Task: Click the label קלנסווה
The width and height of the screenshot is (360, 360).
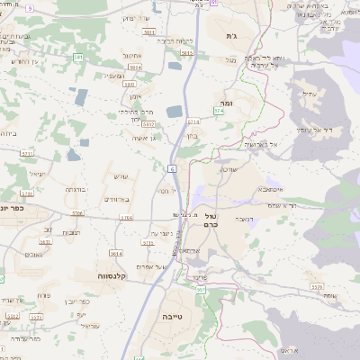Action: [116, 276]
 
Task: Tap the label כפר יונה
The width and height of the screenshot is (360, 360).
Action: [13, 207]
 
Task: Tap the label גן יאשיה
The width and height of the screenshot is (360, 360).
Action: [144, 137]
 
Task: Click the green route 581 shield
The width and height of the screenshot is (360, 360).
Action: [78, 57]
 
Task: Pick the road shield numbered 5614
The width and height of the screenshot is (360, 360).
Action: [116, 253]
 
